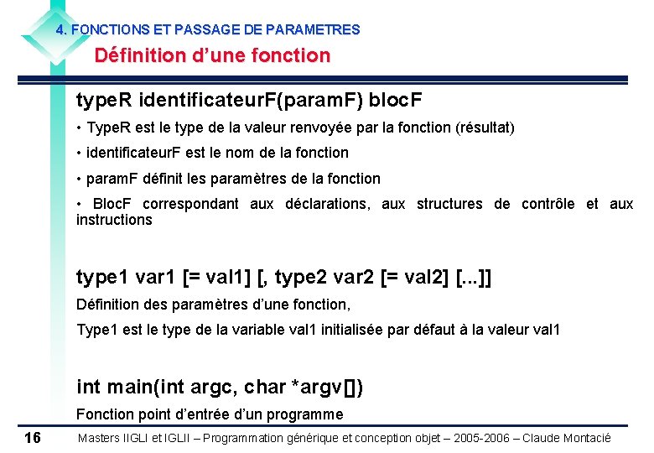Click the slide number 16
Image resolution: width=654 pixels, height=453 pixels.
pos(33,437)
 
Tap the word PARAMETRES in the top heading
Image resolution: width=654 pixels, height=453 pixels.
pos(318,29)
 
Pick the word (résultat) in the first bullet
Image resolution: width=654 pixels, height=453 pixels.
pos(485,128)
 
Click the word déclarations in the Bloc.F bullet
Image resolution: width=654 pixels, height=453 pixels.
pos(328,204)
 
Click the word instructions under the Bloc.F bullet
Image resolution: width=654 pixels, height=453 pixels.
pos(114,220)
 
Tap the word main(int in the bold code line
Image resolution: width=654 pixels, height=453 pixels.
pos(143,387)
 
